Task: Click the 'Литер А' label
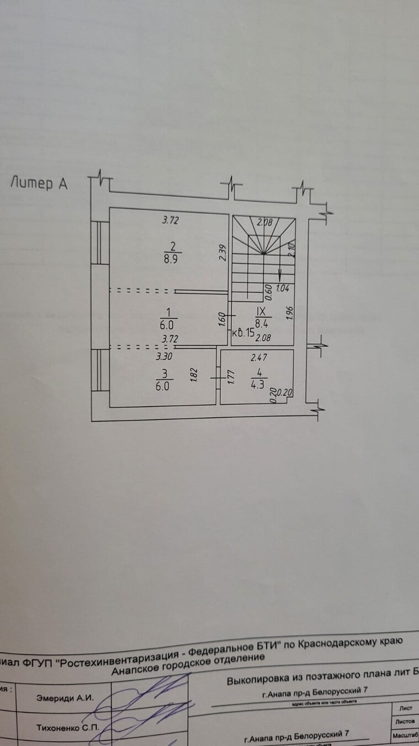point(39,183)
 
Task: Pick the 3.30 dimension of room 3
point(165,356)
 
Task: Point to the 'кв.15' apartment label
point(243,333)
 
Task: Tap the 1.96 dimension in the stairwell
point(290,313)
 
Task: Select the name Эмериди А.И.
point(65,698)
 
